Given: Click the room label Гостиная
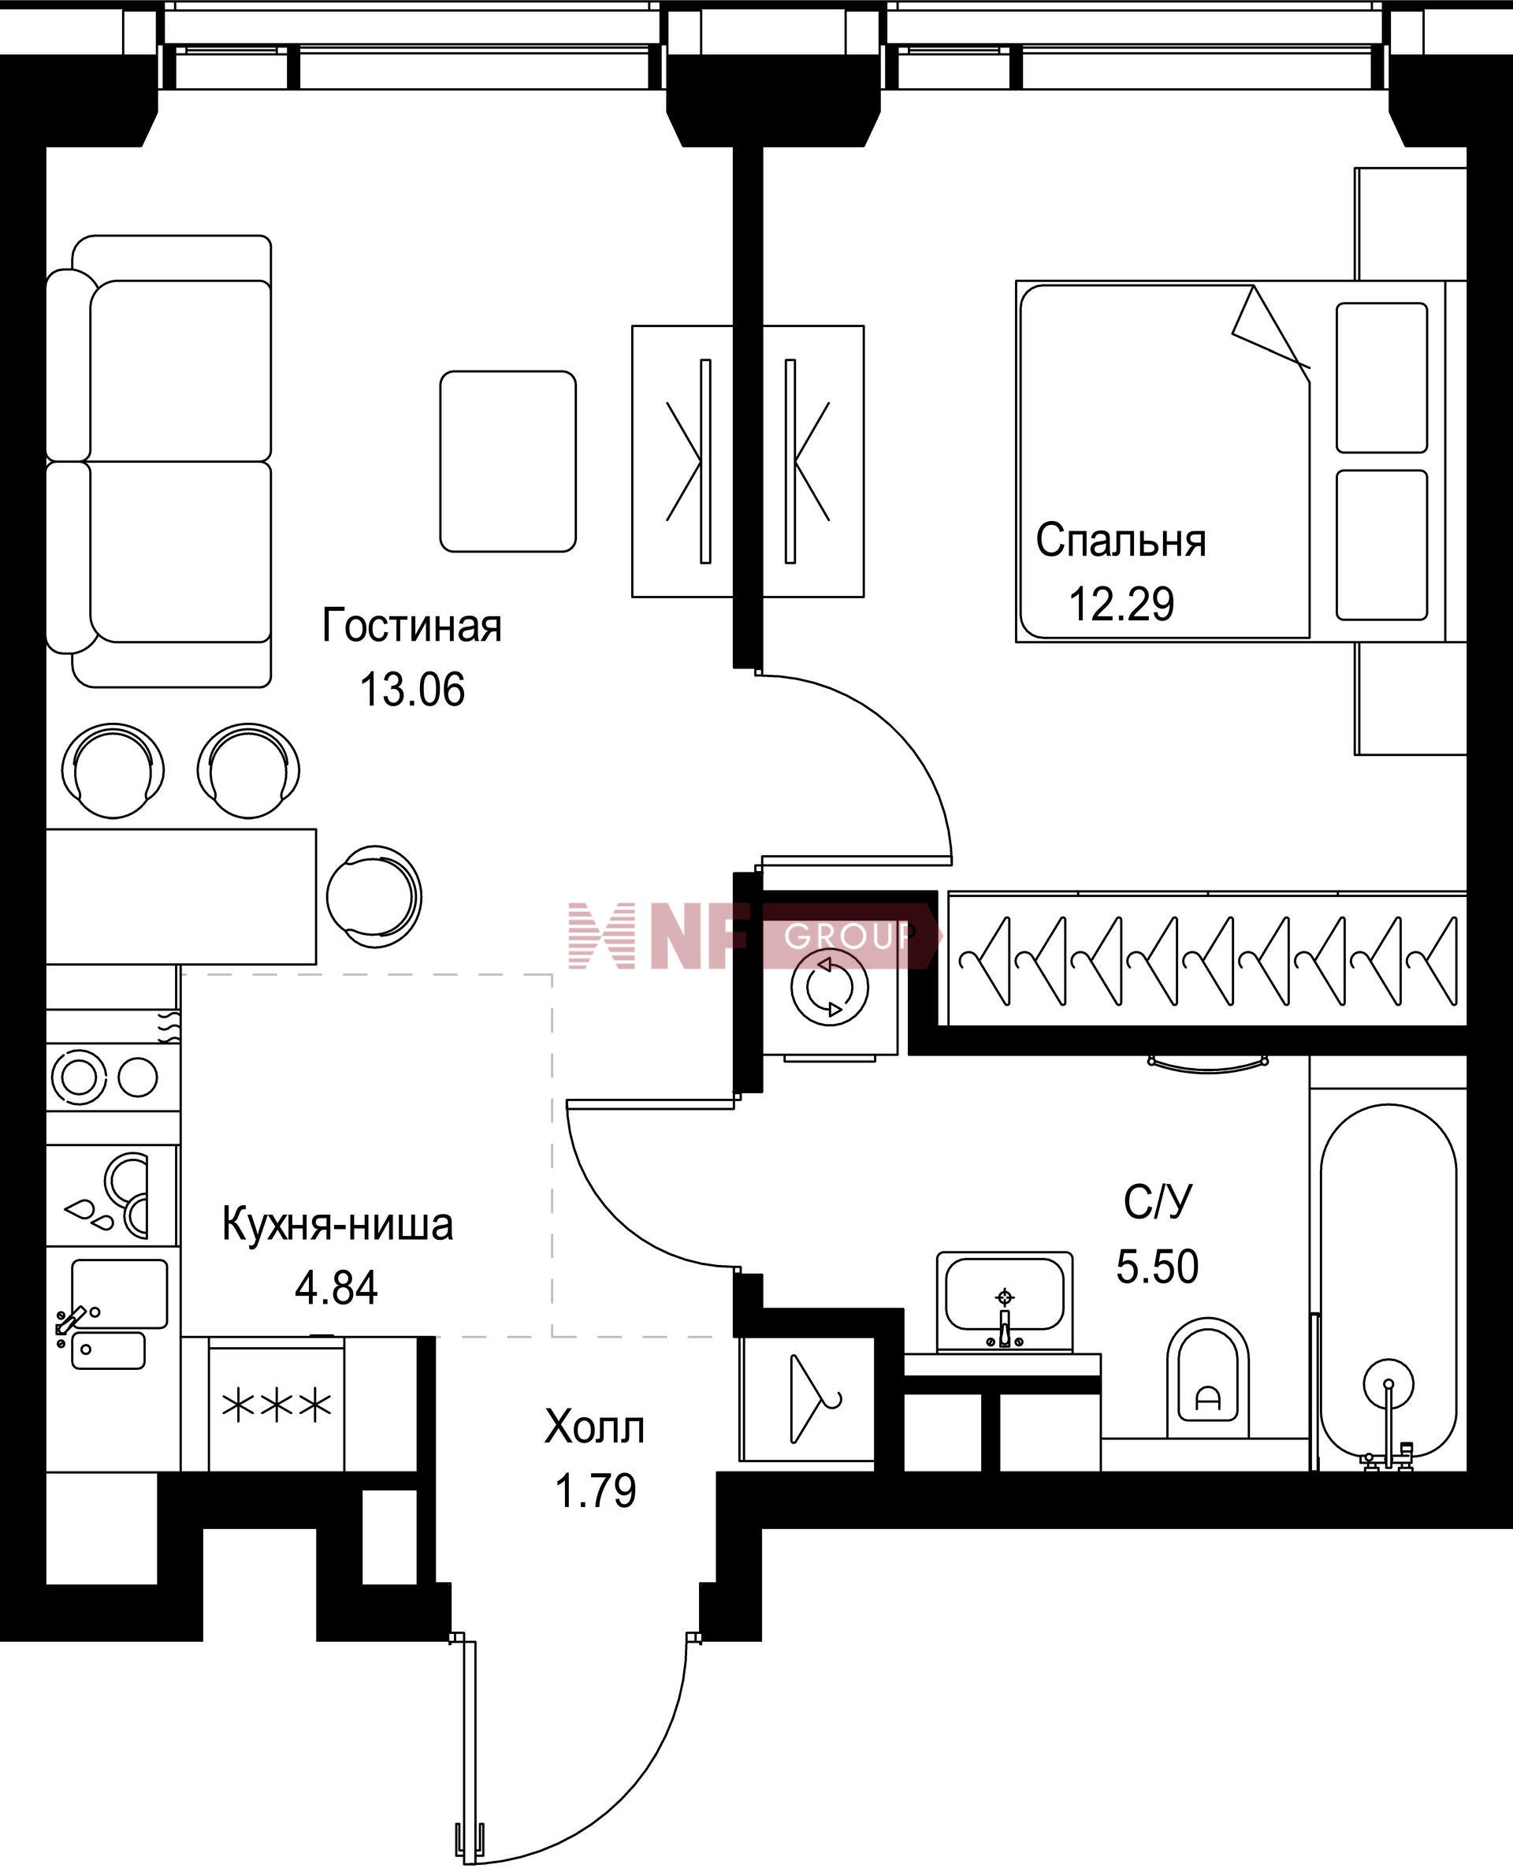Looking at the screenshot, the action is (x=411, y=626).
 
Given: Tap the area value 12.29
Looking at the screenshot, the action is (x=1121, y=604).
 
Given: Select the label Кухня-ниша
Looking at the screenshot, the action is (x=337, y=1224).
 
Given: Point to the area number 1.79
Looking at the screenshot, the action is (x=595, y=1491).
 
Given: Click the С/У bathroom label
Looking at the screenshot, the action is (x=1157, y=1203).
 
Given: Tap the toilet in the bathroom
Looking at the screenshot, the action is (x=1207, y=1378).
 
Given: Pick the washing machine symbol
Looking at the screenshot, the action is (x=830, y=988).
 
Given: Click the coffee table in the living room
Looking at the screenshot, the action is (x=508, y=461).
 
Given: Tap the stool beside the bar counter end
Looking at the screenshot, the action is (x=374, y=896).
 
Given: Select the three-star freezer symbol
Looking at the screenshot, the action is (x=277, y=1405).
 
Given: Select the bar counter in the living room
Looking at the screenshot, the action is (x=180, y=896).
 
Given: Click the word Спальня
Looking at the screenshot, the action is (x=1121, y=541).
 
